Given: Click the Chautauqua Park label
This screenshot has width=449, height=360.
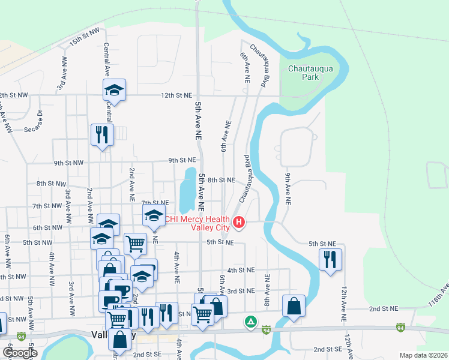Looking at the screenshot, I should tap(310, 73).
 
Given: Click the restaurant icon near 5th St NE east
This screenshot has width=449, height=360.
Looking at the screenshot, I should tap(330, 260).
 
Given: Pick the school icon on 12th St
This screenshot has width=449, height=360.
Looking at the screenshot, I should tap(114, 91).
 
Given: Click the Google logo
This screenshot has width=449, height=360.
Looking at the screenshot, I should tap(21, 353).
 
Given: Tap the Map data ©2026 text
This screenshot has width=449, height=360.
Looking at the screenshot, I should tap(423, 355).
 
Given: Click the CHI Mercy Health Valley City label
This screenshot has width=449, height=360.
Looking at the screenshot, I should tap(197, 223).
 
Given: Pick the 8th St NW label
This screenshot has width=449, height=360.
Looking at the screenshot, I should tap(50, 183).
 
